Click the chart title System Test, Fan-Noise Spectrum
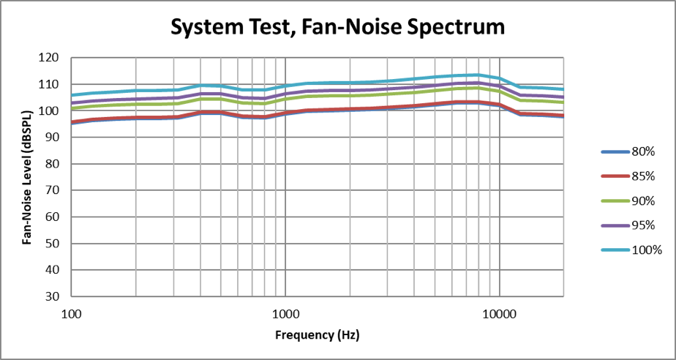click(x=337, y=28)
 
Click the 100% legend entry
click(x=646, y=250)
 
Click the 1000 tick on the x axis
click(x=285, y=312)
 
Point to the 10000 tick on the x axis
click(x=499, y=312)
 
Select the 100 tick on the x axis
click(x=71, y=312)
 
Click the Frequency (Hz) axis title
click(x=318, y=336)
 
